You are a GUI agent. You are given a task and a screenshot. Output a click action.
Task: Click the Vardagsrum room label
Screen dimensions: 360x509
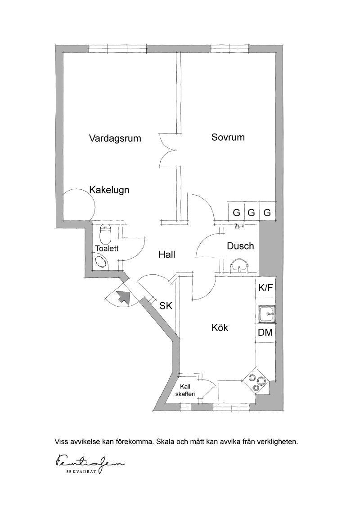115,138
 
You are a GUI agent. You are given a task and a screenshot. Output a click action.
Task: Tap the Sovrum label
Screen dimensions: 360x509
228,137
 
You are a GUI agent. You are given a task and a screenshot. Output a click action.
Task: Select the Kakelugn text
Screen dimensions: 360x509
109,190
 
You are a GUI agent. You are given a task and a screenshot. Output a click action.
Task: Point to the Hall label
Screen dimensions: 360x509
167,254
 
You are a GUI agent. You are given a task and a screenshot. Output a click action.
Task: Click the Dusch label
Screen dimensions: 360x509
240,246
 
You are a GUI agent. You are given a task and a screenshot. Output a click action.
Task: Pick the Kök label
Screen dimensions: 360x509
220,327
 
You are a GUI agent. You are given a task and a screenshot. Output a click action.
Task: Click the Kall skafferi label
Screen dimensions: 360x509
185,390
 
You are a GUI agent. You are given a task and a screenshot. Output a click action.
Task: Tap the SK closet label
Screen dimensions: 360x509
166,306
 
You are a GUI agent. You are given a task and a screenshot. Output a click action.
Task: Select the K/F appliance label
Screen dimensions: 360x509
265,288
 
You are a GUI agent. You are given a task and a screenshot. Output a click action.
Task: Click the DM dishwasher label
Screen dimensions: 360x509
265,332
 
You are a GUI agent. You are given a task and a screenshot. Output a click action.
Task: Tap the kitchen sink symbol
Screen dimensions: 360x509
266,314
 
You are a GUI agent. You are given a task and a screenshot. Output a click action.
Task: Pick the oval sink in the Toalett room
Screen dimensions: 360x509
101,262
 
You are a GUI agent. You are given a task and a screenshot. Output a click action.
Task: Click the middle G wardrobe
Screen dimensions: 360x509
251,212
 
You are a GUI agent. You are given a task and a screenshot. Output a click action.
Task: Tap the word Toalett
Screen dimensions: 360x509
107,248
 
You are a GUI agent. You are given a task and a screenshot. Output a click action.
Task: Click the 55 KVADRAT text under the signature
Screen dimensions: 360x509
81,472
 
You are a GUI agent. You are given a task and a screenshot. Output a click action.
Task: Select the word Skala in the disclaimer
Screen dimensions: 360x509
165,442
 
